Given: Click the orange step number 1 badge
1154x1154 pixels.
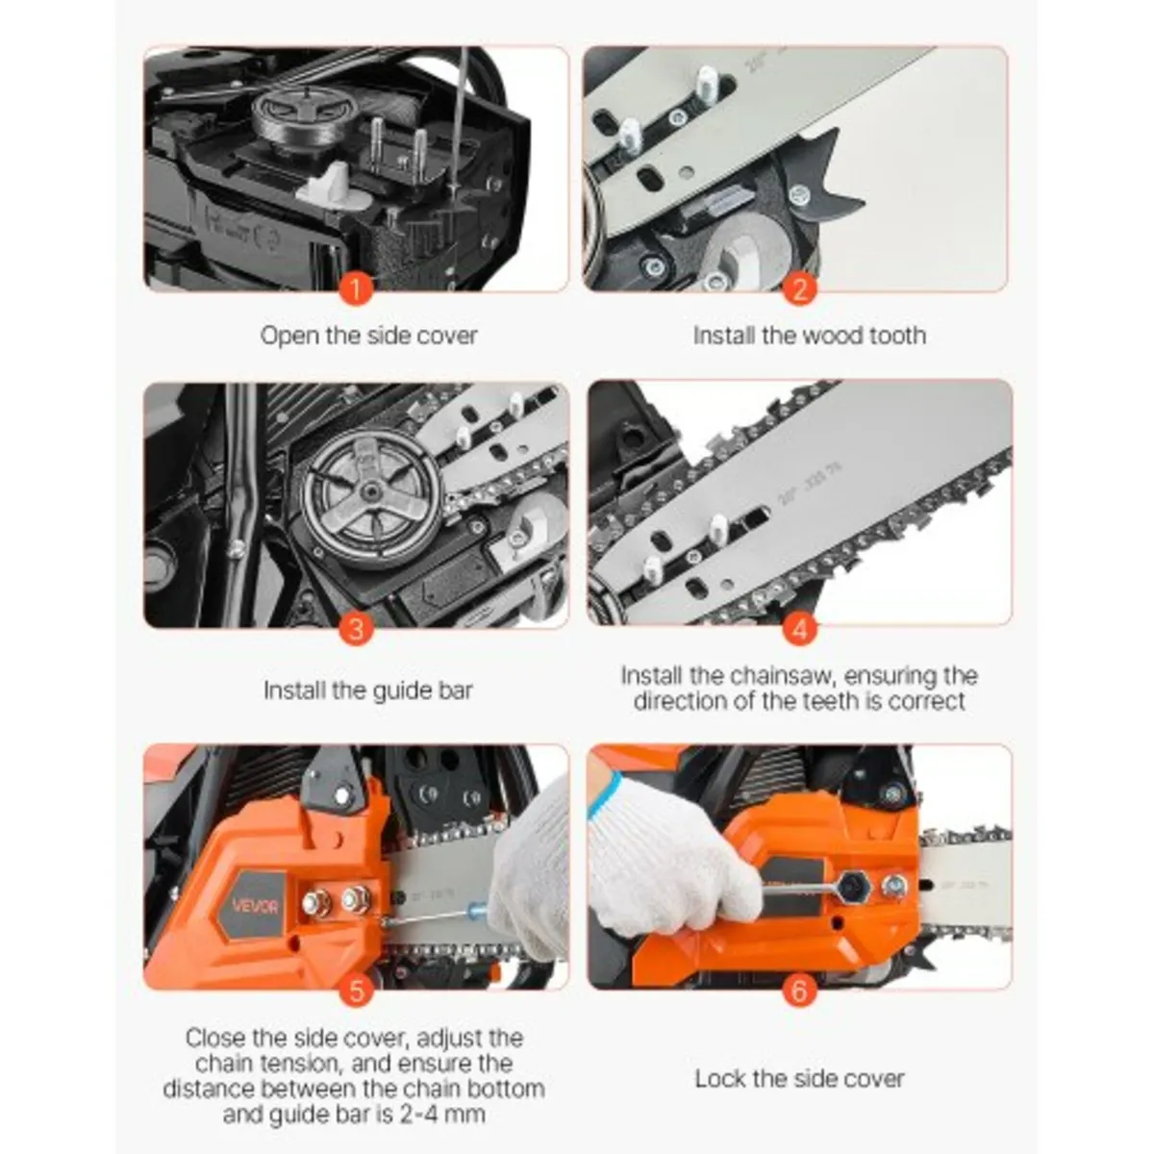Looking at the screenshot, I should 356,288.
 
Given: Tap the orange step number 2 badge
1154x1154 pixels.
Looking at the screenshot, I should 799,288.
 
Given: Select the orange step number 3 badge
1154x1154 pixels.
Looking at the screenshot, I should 356,630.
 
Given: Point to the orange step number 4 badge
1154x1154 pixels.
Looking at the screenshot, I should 799,630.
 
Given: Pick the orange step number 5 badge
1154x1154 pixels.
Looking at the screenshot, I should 356,991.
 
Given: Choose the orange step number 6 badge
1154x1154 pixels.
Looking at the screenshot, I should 799,991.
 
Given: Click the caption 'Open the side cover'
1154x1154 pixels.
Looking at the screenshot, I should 368,336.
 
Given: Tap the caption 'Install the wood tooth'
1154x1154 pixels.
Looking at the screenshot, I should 809,336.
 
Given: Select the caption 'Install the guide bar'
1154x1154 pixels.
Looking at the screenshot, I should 368,690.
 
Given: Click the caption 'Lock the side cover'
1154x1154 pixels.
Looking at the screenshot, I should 799,1079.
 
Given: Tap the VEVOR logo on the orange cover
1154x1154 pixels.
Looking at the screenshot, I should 254,906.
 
